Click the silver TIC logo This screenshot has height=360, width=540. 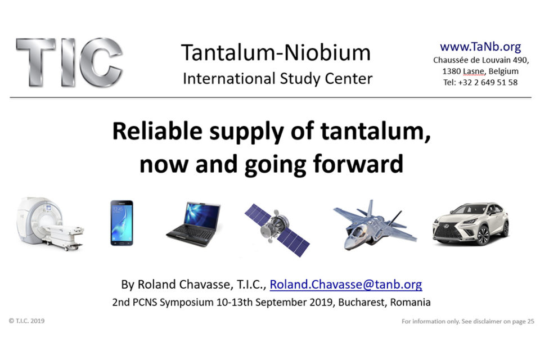[x=69, y=62]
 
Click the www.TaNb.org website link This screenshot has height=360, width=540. [x=480, y=47]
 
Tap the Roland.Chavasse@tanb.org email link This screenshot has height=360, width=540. [x=346, y=284]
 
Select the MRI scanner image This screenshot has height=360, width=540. [x=50, y=223]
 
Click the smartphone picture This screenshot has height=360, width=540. [x=121, y=223]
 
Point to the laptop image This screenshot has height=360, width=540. [x=193, y=224]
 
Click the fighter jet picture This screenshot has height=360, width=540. [x=375, y=224]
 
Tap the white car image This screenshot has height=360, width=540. [x=471, y=223]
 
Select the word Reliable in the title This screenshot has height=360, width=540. [x=157, y=132]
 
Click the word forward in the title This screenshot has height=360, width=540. [x=358, y=164]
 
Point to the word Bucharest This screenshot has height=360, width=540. [x=362, y=302]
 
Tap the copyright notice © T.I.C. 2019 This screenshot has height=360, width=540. [x=27, y=321]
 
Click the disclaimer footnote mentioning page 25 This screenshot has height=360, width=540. [x=468, y=321]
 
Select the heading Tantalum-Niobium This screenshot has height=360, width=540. [x=276, y=53]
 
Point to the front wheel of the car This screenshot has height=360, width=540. [x=483, y=235]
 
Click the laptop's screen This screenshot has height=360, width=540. [x=202, y=214]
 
